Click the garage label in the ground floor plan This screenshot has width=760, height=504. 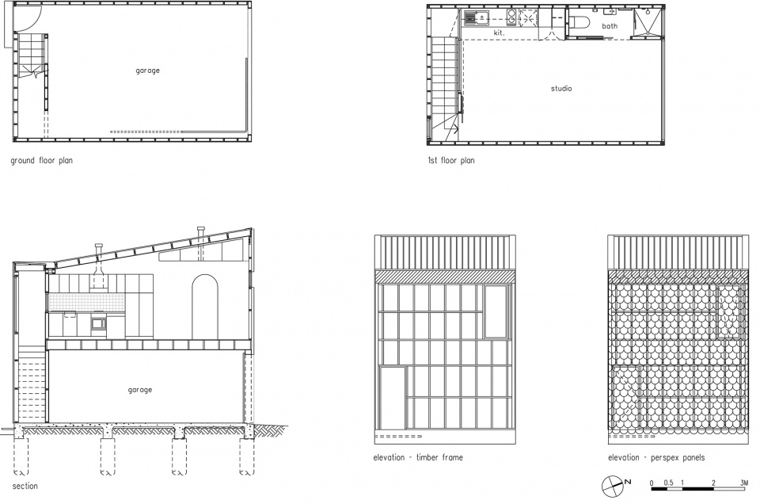coord(147,71)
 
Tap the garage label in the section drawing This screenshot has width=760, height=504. coord(140,390)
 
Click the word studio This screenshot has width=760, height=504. coord(561,88)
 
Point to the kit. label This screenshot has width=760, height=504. coord(500,33)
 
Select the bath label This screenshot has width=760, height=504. coord(610,26)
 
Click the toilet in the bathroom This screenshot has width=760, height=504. coord(578,23)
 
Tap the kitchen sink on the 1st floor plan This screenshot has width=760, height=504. coord(477,18)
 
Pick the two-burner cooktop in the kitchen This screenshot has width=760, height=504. coord(512,17)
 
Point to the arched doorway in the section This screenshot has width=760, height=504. coord(205,307)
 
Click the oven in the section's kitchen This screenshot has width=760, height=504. coord(98,323)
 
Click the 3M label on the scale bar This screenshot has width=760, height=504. coord(744,483)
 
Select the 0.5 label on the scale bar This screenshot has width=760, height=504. coord(668,483)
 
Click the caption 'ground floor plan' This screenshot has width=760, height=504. coord(42,161)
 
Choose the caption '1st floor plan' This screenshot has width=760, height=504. coord(450,161)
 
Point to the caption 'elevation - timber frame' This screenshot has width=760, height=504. coord(418,457)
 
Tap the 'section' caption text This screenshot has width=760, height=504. coord(25,486)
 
